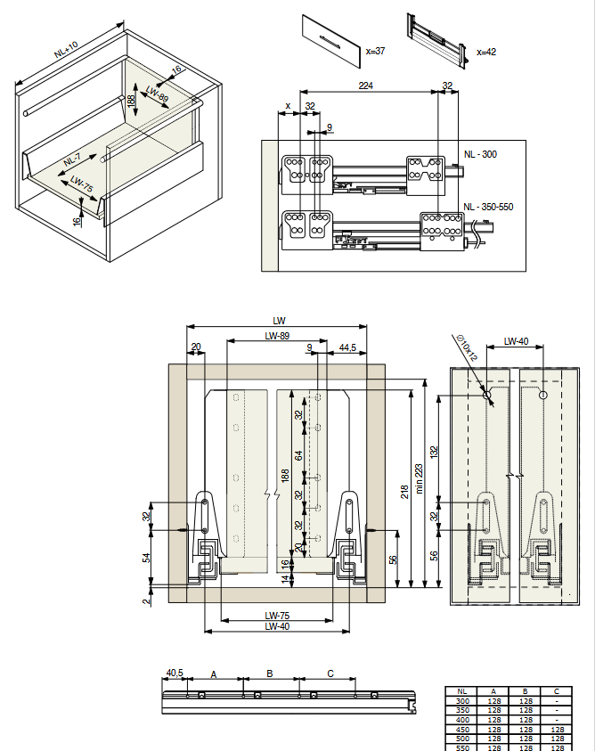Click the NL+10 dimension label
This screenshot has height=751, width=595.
coord(66,50)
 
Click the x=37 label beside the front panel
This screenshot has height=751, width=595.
coord(375,52)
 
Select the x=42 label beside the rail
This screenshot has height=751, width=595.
coord(486,52)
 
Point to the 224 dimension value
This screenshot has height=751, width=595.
coord(365,86)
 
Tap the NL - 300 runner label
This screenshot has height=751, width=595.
coord(480,154)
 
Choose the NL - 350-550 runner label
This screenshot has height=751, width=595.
coord(488,207)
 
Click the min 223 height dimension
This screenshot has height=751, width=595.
coord(420,478)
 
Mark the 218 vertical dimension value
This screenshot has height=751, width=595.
coord(404,492)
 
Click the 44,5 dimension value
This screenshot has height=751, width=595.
coord(347,347)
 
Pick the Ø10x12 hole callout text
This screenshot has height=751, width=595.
coord(467,347)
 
